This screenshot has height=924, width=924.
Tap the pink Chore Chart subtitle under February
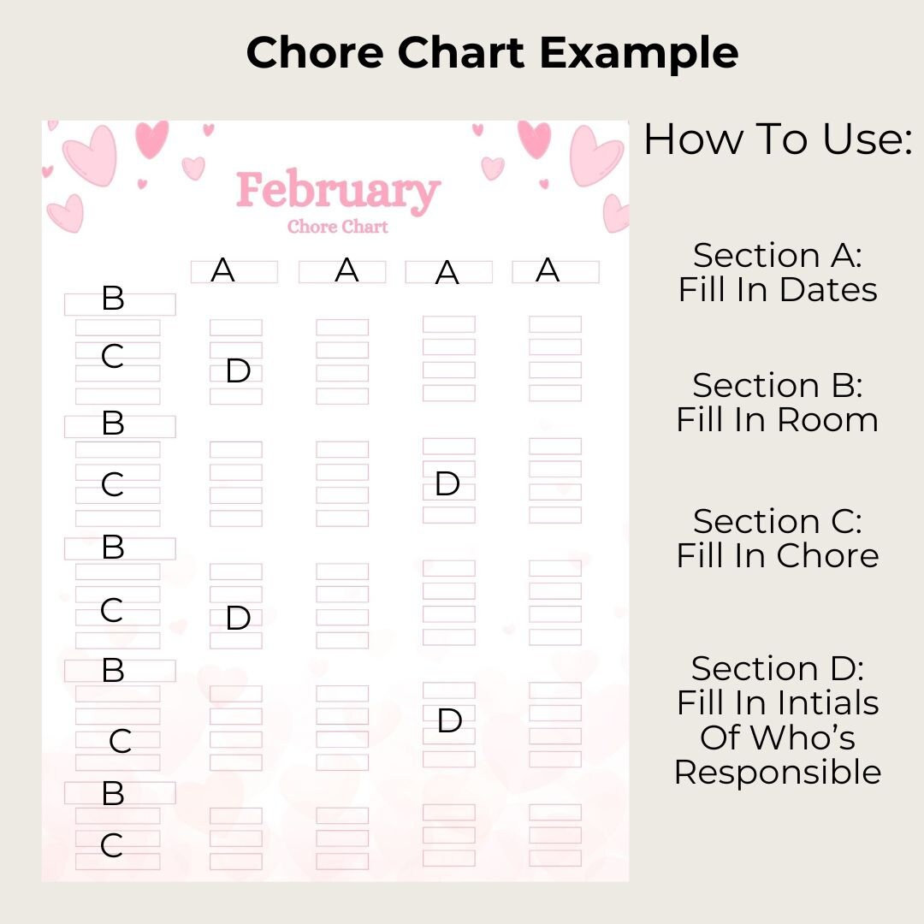[x=338, y=227]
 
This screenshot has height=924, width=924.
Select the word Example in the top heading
[x=638, y=53]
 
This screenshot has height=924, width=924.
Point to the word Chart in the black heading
[x=459, y=53]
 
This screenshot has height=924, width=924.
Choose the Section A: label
[x=777, y=255]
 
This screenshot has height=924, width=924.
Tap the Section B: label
[x=777, y=385]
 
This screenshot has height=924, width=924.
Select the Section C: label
[x=777, y=521]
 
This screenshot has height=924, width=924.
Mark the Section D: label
[x=777, y=668]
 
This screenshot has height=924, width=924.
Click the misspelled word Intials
[x=829, y=703]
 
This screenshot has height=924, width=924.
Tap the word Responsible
[x=777, y=772]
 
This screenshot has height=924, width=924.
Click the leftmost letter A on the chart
[x=222, y=270]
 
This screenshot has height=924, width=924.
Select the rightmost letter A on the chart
[x=548, y=270]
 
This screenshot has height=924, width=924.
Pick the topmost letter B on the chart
[x=113, y=299]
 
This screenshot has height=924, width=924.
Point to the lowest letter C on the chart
[x=112, y=846]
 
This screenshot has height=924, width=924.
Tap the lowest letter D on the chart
[x=450, y=721]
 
